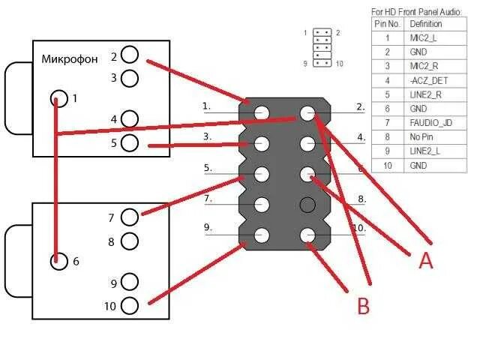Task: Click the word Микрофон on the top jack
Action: (x=70, y=59)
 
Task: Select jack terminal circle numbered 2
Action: (x=130, y=55)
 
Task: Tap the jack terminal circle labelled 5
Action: (x=130, y=142)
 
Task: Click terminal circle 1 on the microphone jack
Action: (x=58, y=98)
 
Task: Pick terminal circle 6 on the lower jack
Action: (x=58, y=261)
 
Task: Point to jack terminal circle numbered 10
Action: (x=130, y=305)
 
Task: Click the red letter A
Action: (x=426, y=260)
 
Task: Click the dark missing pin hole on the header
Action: (x=307, y=204)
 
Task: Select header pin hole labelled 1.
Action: (x=262, y=113)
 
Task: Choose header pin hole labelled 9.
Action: (x=262, y=235)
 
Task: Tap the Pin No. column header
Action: (x=387, y=24)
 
